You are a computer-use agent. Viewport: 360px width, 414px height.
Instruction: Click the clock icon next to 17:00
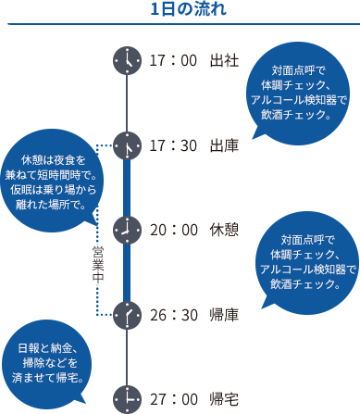tap(123, 60)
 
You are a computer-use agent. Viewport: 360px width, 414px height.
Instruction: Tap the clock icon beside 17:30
tap(123, 145)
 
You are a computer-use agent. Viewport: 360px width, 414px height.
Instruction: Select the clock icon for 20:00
tap(123, 229)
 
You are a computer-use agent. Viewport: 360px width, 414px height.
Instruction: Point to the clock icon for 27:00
tap(123, 398)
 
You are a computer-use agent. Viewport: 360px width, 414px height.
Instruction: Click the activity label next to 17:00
tap(224, 60)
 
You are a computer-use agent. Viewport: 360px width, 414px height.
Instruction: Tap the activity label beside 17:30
tap(224, 145)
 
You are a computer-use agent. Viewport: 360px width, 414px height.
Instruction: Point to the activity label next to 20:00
tap(224, 229)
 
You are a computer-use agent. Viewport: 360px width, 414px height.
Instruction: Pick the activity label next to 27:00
tap(224, 398)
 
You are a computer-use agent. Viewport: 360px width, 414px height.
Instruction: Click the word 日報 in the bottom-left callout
tap(31, 347)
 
